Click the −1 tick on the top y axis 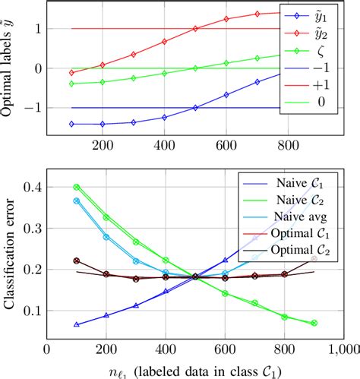27,108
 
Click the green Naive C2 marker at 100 77,187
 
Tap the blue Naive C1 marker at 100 77,324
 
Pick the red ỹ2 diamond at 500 196,29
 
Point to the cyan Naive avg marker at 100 77,201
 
